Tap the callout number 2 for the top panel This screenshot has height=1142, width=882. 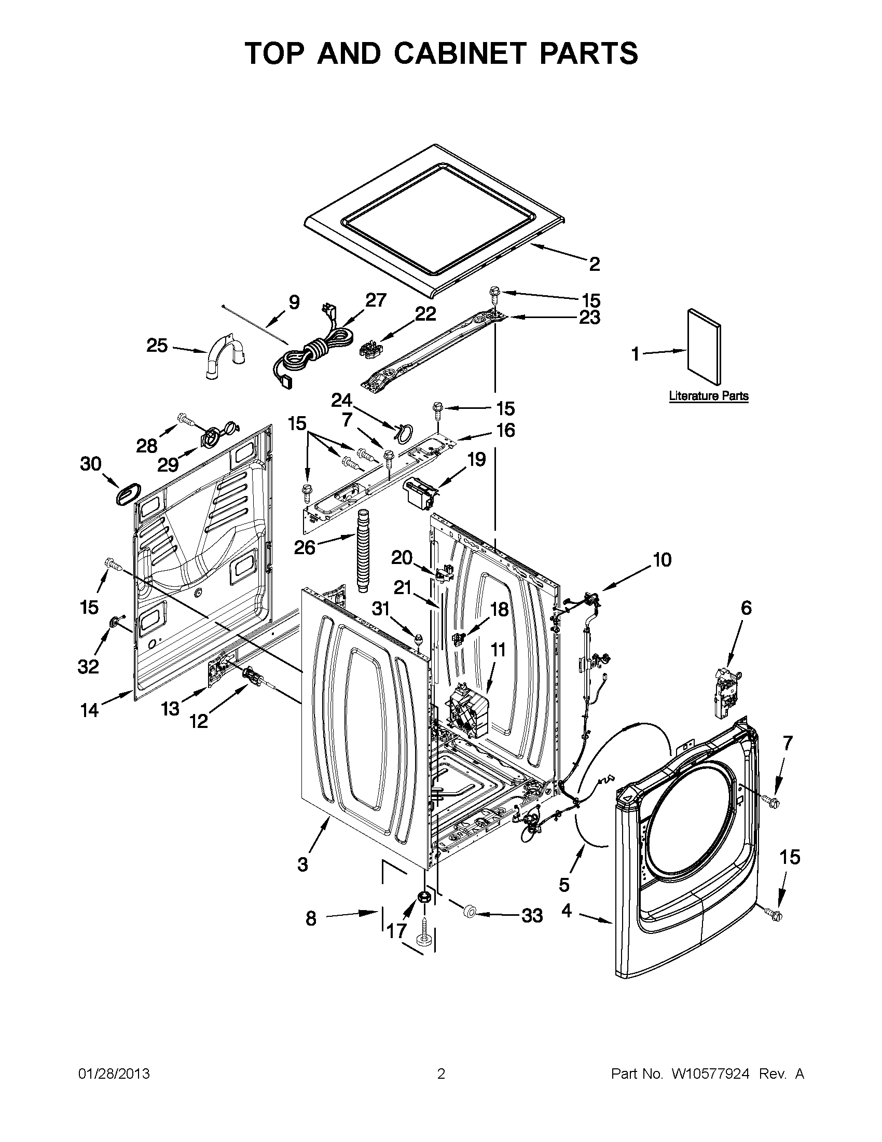pos(594,265)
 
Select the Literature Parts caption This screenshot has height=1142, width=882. pos(708,396)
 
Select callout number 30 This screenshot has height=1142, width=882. pos(90,463)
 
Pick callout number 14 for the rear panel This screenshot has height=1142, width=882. pos(89,710)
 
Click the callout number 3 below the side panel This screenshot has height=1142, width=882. pos(302,865)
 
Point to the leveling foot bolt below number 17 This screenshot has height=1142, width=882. pos(424,940)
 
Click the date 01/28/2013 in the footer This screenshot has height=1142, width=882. pos(114,1074)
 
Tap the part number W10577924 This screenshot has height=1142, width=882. pos(710,1074)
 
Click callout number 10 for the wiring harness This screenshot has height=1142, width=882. pos(662,560)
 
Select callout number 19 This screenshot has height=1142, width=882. pos(476,459)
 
